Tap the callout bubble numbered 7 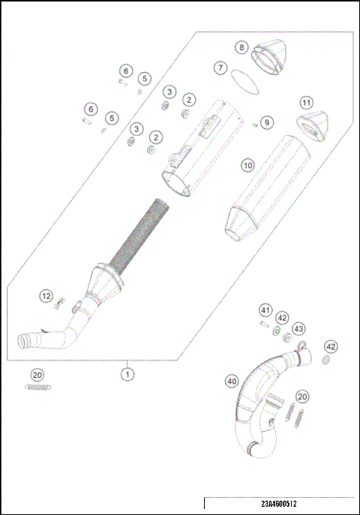220,67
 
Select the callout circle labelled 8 241,46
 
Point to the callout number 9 268,121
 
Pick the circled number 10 247,164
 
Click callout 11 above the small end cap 305,102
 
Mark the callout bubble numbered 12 46,297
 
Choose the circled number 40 232,382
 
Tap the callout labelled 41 265,310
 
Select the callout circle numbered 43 298,329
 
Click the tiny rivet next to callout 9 256,125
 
